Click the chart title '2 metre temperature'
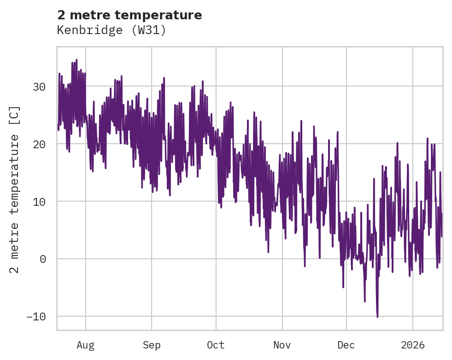129,15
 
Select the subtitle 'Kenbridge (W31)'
111,30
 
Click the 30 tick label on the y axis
40,87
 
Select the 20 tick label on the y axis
40,144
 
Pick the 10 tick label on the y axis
40,202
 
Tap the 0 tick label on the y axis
43,259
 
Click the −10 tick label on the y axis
36,317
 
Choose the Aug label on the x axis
86,345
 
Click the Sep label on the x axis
151,345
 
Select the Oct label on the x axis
216,345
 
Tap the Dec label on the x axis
346,345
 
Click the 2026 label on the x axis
413,345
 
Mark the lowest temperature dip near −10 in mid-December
377,317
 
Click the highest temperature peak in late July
76,60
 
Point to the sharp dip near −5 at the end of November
343,287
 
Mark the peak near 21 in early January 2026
428,138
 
